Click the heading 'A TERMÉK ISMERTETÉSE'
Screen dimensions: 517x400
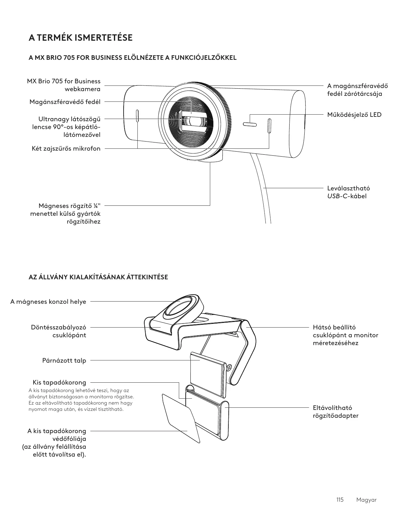tap(81, 38)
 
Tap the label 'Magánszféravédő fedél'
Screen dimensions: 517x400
tap(65, 102)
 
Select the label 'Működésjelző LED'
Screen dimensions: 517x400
tap(354, 115)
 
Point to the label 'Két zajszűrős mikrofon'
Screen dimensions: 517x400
tap(66, 148)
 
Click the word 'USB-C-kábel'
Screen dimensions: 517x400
tap(347, 196)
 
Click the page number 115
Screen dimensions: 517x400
tap(340, 500)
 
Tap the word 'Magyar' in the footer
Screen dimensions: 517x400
tap(366, 500)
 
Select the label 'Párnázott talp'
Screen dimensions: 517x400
tap(64, 360)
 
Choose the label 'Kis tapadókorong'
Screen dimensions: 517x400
tap(59, 382)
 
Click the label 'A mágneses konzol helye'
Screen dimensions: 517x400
tap(48, 302)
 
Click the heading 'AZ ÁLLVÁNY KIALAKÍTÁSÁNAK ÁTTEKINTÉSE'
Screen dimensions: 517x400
tap(98, 277)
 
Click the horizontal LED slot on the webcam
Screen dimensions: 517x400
tap(250, 125)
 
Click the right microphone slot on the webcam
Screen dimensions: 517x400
tap(269, 126)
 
